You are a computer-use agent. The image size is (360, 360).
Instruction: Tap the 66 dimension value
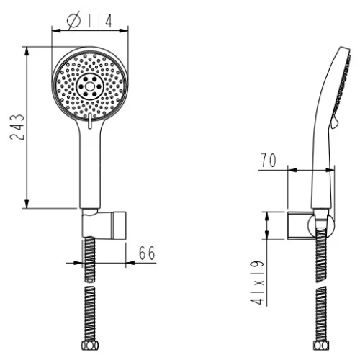(147, 253)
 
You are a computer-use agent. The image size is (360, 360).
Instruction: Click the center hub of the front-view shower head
(90, 88)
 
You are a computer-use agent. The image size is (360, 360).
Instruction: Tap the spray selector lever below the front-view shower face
(90, 124)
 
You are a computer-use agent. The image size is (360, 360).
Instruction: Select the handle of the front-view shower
(90, 166)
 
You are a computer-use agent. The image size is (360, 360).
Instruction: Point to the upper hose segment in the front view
(90, 259)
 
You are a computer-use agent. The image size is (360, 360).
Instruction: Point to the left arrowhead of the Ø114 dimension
(53, 30)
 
